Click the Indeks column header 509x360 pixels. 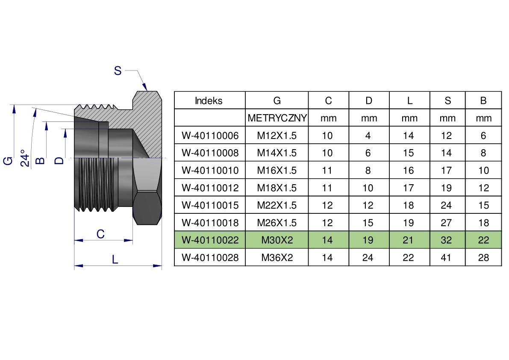pos(209,100)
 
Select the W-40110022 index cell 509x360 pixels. pos(210,240)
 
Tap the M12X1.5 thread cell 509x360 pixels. pos(277,136)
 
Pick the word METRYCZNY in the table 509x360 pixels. pos(277,118)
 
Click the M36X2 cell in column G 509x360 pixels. pos(277,257)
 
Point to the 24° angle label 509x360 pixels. pos(25,158)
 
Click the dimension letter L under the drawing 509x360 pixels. pos(115,260)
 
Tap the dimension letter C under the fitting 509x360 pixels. pos(100,234)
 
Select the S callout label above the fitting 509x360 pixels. pos(118,71)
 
